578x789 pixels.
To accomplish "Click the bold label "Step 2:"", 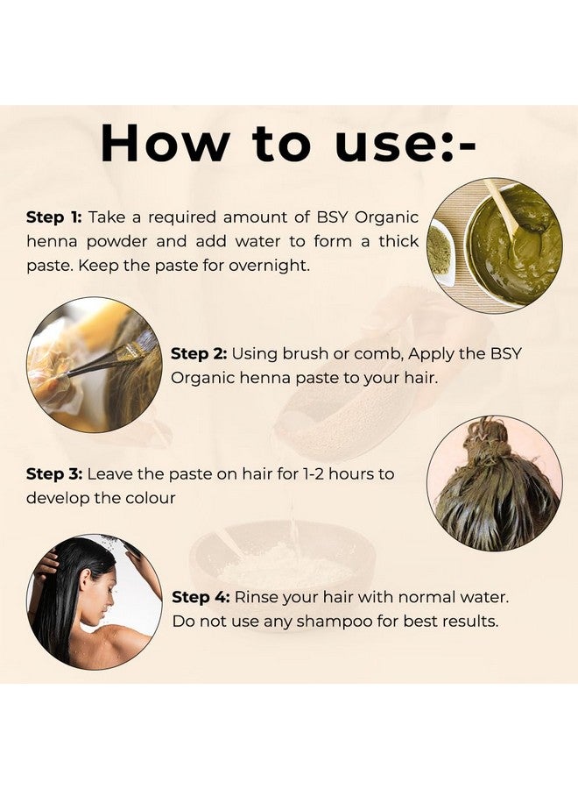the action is click(x=199, y=354).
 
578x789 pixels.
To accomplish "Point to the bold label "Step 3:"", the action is click(x=54, y=474).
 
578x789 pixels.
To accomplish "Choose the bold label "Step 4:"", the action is click(x=201, y=597).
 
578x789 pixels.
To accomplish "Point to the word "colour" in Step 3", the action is click(x=151, y=498).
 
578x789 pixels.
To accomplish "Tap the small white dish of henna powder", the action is click(x=441, y=252).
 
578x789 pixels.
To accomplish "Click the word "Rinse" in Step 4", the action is click(x=256, y=597).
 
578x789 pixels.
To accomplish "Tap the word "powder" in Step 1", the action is click(x=117, y=242).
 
